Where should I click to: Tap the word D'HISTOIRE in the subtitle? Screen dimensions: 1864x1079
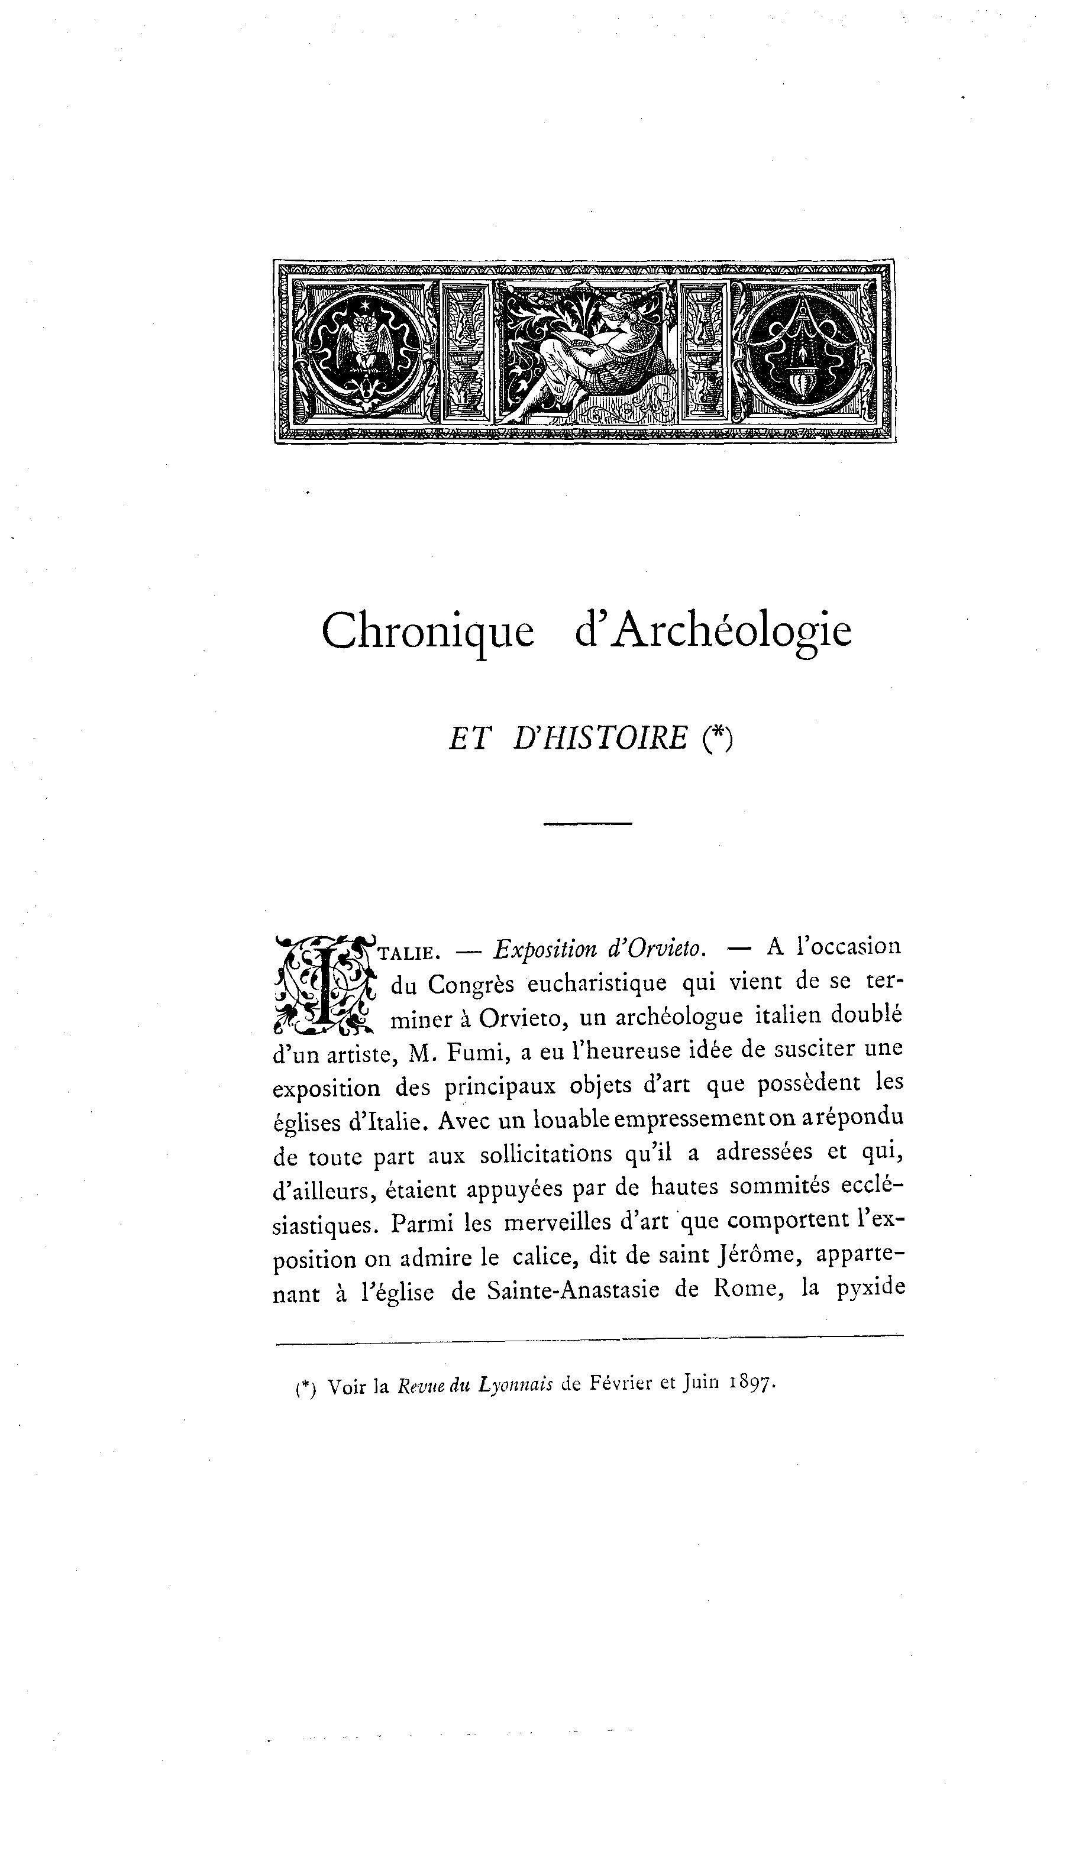tap(599, 738)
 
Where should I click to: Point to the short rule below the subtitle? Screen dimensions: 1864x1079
tap(587, 823)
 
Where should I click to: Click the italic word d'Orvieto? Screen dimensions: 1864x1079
tap(655, 947)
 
